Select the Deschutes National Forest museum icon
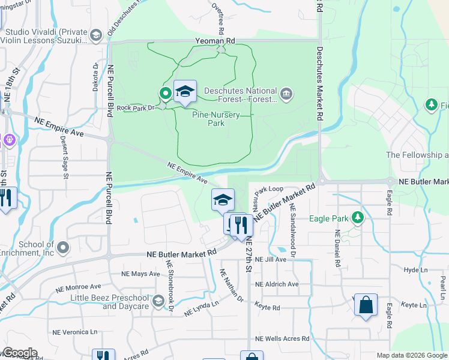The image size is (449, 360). [x=286, y=93]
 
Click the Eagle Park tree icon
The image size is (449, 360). [x=358, y=217]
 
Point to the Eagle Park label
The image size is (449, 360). [x=328, y=219]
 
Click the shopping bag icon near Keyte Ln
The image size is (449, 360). [x=365, y=305]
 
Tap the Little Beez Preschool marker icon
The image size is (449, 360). [x=158, y=301]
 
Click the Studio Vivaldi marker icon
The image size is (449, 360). [x=95, y=36]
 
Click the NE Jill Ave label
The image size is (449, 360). [x=271, y=260]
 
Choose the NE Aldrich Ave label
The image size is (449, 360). [x=276, y=284]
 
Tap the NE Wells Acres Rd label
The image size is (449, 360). [x=282, y=339]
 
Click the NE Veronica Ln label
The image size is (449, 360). [x=74, y=332]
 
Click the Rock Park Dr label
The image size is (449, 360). [x=136, y=108]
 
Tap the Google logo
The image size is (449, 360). [x=19, y=353]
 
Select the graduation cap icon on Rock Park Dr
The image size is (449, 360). [x=185, y=92]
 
